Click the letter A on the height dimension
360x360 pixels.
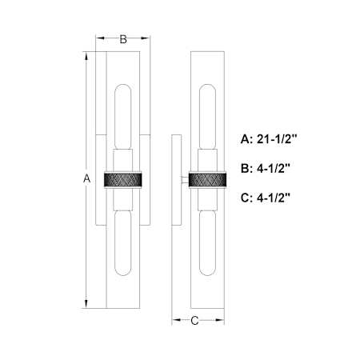click(x=86, y=178)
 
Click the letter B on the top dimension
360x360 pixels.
click(x=123, y=39)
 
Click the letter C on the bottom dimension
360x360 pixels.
click(x=194, y=320)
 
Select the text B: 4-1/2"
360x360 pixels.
click(x=266, y=169)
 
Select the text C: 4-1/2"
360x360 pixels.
click(x=266, y=198)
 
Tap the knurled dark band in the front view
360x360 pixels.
click(x=123, y=179)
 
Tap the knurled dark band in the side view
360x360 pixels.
click(x=207, y=179)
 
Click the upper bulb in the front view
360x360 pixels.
click(x=123, y=117)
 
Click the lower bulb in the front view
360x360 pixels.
click(x=123, y=243)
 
